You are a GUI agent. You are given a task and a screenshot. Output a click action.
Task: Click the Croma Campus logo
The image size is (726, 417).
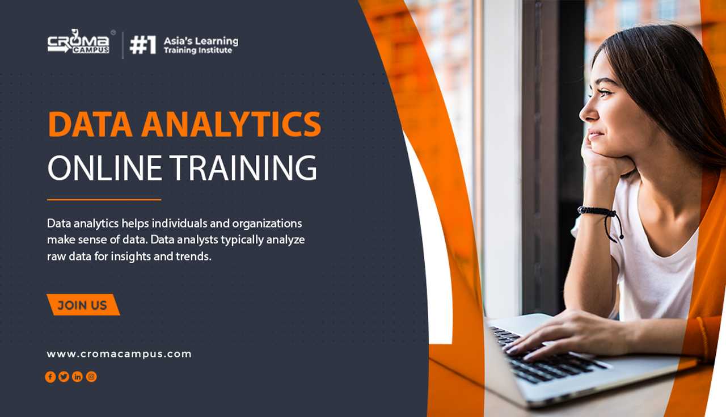79,42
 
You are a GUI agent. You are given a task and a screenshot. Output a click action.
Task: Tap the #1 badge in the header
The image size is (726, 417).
143,45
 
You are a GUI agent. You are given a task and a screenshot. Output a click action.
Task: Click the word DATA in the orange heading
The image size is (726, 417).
90,124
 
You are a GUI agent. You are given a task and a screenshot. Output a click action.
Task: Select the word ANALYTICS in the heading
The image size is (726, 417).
231,124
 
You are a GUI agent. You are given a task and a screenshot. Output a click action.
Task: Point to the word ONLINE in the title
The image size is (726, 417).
105,167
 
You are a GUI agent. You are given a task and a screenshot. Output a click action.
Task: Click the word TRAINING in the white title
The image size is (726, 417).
243,167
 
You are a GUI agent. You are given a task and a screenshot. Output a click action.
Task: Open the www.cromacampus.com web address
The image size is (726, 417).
119,354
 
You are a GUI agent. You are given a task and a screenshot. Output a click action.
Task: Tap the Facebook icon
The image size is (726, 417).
50,377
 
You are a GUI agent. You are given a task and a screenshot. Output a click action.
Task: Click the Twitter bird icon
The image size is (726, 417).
64,377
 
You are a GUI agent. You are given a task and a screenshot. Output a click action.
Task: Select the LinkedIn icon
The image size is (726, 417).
78,377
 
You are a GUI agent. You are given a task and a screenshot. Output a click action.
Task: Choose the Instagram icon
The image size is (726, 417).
91,377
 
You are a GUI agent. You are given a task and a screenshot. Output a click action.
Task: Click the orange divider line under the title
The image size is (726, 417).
104,200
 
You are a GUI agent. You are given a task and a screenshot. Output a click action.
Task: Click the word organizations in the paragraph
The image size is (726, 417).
267,224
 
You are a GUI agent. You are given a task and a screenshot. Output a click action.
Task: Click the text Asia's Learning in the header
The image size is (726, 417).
201,41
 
